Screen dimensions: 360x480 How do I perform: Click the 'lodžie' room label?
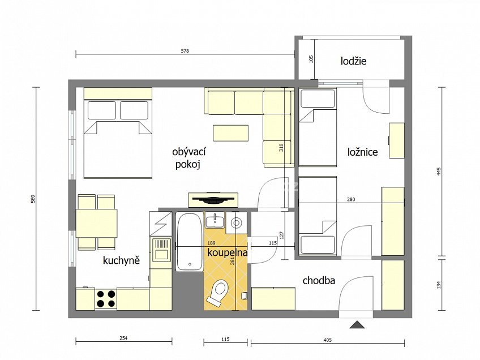click(x=353, y=61)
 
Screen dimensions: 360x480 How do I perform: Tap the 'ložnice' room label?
click(x=362, y=152)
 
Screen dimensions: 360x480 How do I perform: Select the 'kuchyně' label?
click(x=121, y=260)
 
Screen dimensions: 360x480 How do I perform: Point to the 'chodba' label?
click(x=319, y=280)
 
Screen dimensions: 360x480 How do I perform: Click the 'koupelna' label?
click(x=227, y=252)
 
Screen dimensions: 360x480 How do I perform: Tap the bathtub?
click(x=188, y=242)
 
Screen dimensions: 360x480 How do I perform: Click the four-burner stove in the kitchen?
click(x=105, y=298)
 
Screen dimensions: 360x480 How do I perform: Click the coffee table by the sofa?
click(x=230, y=132)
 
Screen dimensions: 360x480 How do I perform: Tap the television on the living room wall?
click(x=213, y=199)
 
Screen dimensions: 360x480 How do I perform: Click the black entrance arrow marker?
click(x=357, y=325)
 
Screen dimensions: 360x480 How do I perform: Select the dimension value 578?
click(x=185, y=51)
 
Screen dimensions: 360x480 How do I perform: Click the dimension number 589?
click(x=32, y=199)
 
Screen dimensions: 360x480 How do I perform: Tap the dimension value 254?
click(x=123, y=338)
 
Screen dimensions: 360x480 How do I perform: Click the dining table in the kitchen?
click(x=97, y=223)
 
